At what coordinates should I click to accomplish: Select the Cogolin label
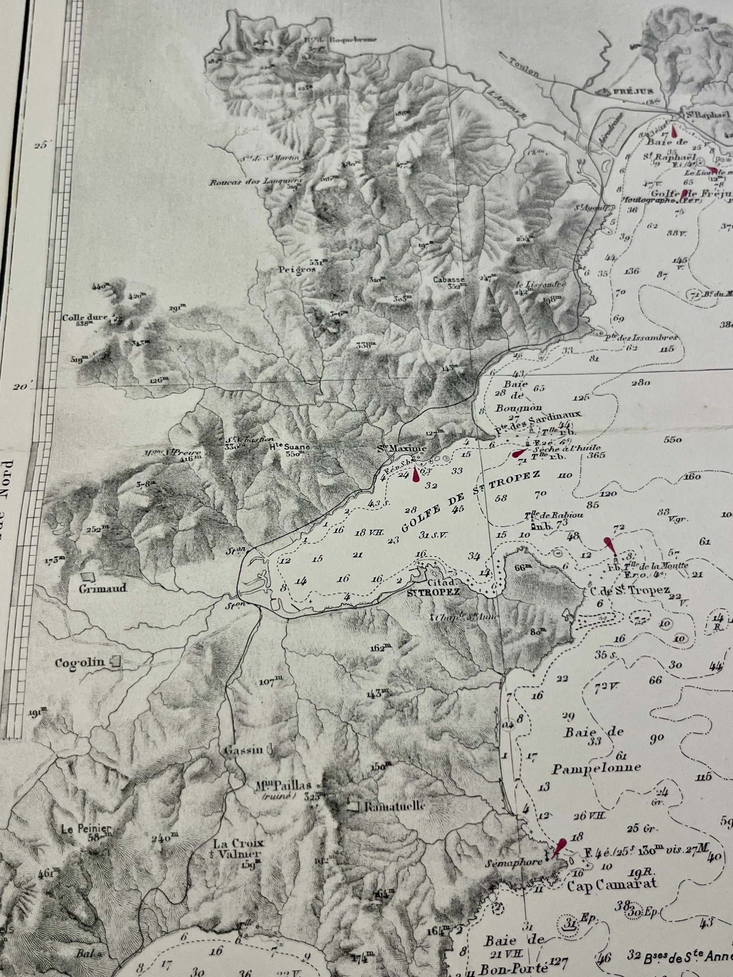pos(79,663)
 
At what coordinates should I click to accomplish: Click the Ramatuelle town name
pos(393,806)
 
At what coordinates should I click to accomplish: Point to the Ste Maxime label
pos(402,450)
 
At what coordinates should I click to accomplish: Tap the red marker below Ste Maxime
pos(416,475)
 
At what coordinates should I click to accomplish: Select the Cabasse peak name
pos(449,279)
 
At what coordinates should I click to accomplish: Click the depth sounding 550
pos(673,440)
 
